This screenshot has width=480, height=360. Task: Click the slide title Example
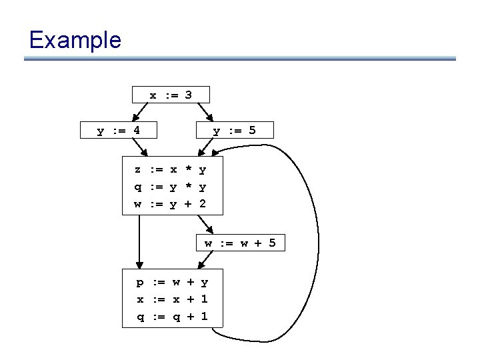(75, 40)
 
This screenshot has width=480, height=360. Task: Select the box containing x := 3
(171, 95)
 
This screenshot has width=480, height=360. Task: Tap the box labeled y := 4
(119, 131)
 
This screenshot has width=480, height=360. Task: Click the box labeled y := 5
(233, 131)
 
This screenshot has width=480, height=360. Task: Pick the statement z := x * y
(171, 170)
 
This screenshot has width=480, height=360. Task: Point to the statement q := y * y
(171, 187)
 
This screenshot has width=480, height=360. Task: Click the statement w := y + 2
(171, 204)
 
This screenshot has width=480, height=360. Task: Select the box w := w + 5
(240, 244)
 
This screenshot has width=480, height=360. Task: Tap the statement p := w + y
(172, 283)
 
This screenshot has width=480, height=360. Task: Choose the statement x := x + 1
(172, 299)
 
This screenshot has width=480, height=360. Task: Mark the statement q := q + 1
(172, 317)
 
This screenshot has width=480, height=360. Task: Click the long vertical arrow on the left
(139, 240)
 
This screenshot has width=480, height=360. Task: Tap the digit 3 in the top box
(189, 95)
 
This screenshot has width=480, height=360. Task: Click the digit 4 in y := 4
(136, 131)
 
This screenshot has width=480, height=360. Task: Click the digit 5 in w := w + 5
(272, 244)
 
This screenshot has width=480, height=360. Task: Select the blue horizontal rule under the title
(240, 59)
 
